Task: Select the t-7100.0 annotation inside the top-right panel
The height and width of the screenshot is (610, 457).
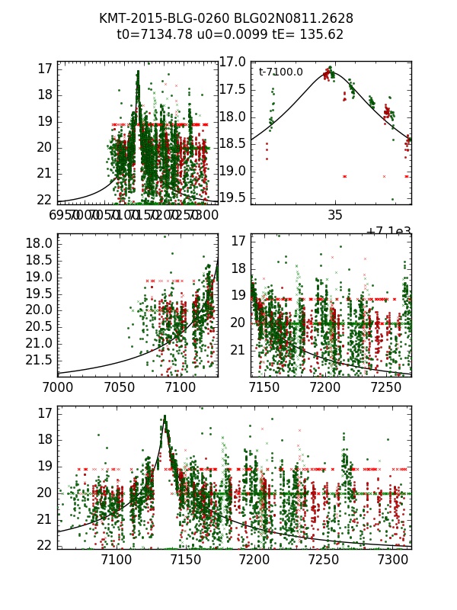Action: pyautogui.click(x=280, y=72)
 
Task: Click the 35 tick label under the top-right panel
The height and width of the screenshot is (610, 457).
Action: pyautogui.click(x=335, y=216)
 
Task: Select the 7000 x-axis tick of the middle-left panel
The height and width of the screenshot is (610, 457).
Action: pyautogui.click(x=58, y=387)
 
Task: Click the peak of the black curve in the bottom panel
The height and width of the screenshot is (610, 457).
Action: pyautogui.click(x=165, y=416)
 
